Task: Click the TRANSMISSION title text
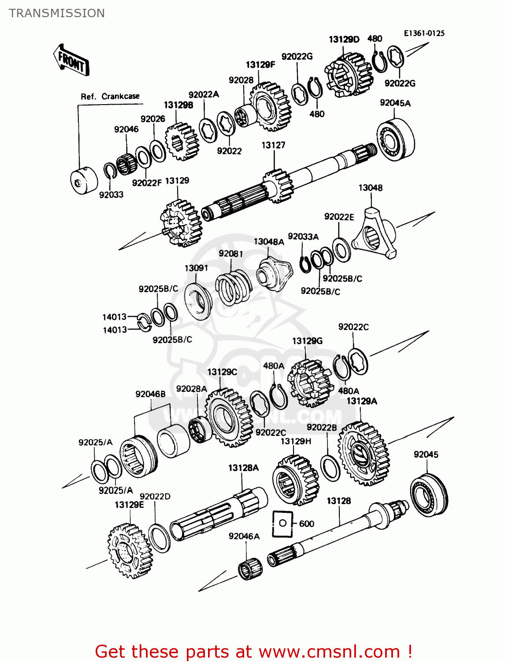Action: point(57,13)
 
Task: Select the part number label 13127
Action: point(273,145)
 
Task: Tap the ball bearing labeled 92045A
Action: point(395,139)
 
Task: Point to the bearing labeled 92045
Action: point(428,494)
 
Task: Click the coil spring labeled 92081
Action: point(232,287)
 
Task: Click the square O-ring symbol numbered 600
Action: point(282,523)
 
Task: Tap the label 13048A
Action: point(269,242)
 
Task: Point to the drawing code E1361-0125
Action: point(424,33)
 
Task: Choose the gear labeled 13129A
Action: point(364,453)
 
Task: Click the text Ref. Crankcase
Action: point(110,97)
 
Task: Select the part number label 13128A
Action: point(243,468)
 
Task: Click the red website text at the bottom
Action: point(253,651)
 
